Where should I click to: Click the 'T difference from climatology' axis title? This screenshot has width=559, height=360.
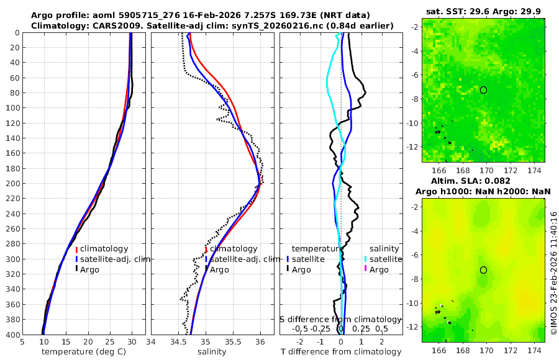[x=340, y=352]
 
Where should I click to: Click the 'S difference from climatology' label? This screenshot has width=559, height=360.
[x=340, y=319]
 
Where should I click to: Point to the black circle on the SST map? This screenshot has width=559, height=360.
[x=483, y=90]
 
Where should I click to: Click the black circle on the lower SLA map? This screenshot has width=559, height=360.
[x=483, y=270]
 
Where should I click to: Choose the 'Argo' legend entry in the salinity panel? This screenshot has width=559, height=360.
[x=219, y=269]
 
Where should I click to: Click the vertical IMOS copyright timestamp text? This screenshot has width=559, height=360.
[x=553, y=273]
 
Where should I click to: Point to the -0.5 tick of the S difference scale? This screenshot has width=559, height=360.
[x=301, y=328]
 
